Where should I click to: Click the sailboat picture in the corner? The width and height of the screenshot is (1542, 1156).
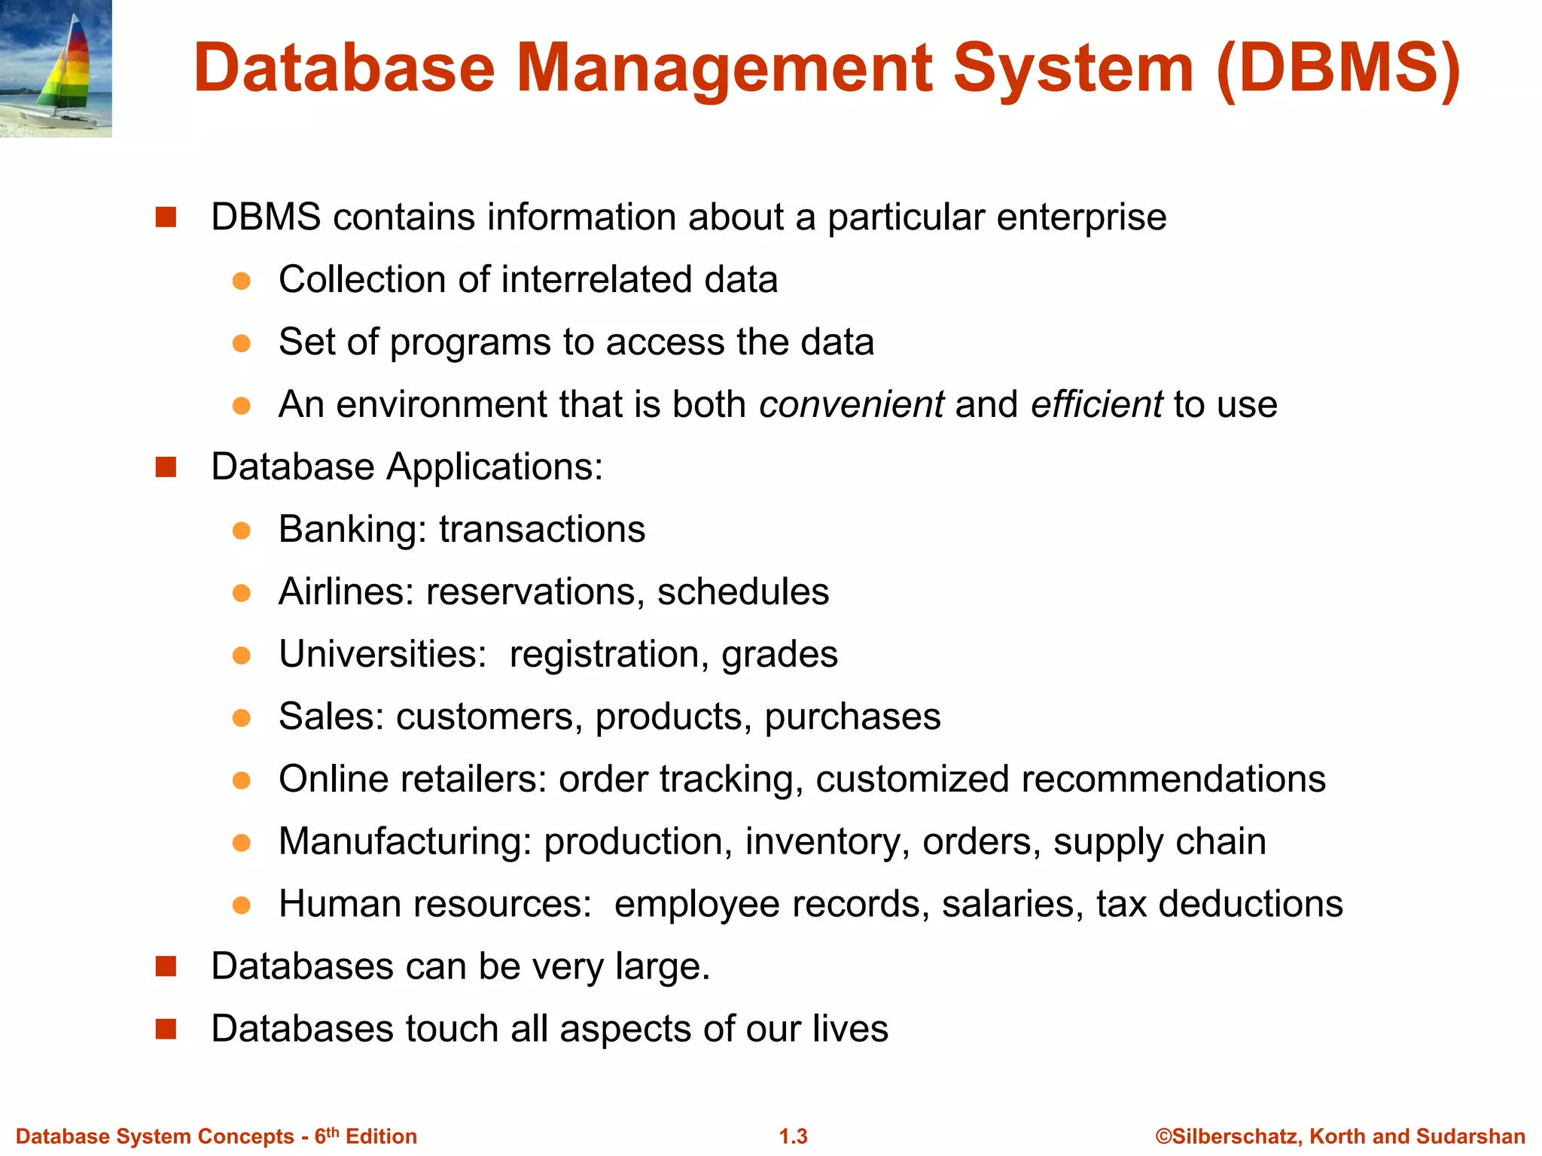pos(56,68)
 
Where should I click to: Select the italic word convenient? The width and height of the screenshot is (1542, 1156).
pos(851,404)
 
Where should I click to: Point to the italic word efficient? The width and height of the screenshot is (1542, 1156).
pos(1096,404)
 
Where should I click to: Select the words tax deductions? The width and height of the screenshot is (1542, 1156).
pos(1219,904)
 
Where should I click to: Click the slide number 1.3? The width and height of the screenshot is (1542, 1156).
pos(793,1136)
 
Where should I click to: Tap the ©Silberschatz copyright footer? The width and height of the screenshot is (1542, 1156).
pos(1340,1136)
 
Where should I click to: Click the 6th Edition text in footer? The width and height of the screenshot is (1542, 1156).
pos(365,1136)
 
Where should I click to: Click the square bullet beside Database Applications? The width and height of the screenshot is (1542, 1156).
pos(166,467)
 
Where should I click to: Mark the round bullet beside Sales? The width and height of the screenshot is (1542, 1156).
pos(241,717)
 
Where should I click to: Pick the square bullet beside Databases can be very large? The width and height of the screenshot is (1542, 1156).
pos(166,966)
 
